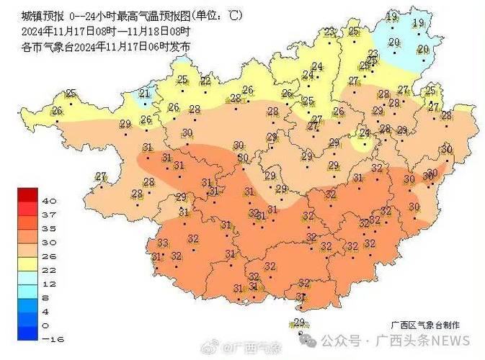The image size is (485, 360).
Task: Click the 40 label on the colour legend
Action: (50, 200)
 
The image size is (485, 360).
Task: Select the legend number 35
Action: (50, 228)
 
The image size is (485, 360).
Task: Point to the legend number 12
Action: (50, 283)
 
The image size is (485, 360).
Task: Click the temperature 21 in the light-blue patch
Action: (144, 93)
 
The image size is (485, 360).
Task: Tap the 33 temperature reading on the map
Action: (163, 243)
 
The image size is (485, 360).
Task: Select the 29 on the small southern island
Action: (301, 322)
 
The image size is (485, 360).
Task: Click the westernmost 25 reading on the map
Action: (71, 93)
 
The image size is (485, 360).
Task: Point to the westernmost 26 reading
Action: (57, 111)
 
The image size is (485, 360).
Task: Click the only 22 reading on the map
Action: (206, 81)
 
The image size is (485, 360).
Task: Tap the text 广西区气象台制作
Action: (425, 325)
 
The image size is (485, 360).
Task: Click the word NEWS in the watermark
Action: (451, 341)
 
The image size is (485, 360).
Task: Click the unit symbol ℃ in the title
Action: (235, 15)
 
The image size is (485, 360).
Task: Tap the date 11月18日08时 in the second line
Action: (160, 31)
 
